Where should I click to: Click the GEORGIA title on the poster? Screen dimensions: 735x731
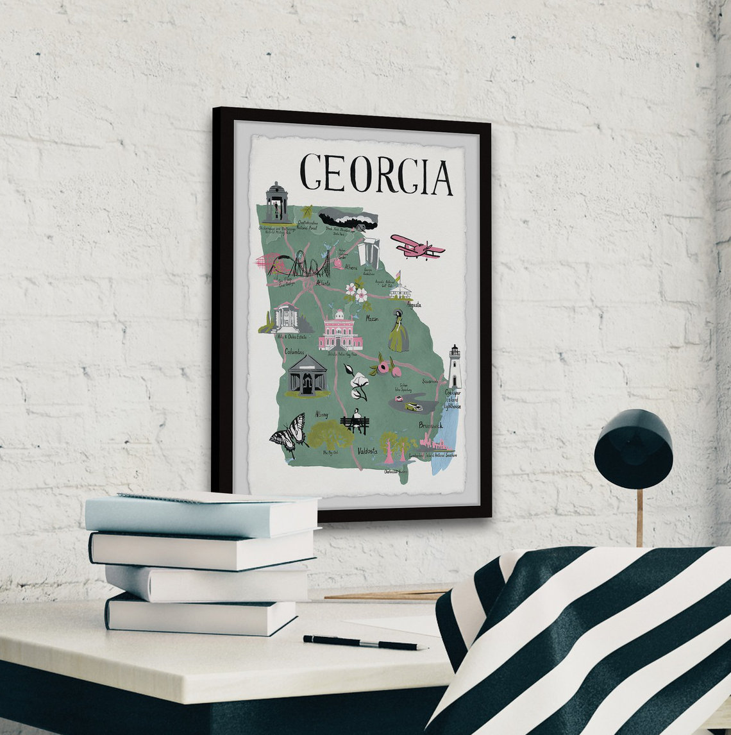pos(376,173)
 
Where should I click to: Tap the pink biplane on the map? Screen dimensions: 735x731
pos(417,246)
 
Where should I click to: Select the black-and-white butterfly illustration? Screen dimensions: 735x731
pos(288,434)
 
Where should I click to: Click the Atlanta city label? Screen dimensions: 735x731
pos(323,282)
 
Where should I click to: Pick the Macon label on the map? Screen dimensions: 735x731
pos(372,317)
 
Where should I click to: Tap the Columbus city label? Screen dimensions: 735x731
pos(294,351)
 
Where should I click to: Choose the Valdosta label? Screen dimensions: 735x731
pos(367,450)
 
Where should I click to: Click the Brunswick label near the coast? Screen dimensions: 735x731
pos(430,425)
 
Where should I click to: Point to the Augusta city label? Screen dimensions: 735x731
pos(414,305)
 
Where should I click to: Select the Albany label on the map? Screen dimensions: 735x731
pos(322,414)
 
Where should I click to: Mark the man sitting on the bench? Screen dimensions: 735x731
pos(355,421)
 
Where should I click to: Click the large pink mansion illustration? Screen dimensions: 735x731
pos(340,330)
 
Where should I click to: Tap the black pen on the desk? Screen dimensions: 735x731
pos(364,643)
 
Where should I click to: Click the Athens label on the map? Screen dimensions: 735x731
pos(351,267)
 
